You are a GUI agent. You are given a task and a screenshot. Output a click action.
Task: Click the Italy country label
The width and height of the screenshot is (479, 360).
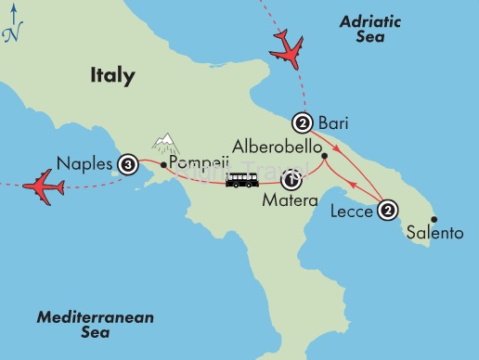tap(112, 75)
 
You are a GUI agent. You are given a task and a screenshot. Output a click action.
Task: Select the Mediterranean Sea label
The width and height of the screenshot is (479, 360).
tap(95, 326)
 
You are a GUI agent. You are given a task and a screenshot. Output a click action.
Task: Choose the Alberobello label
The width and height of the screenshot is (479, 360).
tap(278, 147)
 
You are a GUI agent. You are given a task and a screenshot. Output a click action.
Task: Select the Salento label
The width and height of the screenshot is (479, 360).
tap(435, 234)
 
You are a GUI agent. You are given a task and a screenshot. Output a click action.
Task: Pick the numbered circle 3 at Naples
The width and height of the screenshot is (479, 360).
tap(128, 165)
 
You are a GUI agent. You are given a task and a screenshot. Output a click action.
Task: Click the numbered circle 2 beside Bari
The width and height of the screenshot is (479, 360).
tap(302, 121)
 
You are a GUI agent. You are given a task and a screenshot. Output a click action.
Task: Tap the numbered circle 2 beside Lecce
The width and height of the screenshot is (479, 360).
tap(388, 212)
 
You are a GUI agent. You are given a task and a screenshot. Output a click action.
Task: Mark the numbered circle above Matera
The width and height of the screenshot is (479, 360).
tap(295, 176)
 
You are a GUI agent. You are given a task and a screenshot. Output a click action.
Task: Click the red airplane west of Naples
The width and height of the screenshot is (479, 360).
tap(43, 185)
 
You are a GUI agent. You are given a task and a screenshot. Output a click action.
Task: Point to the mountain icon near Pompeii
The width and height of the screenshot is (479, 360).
tap(165, 143)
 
